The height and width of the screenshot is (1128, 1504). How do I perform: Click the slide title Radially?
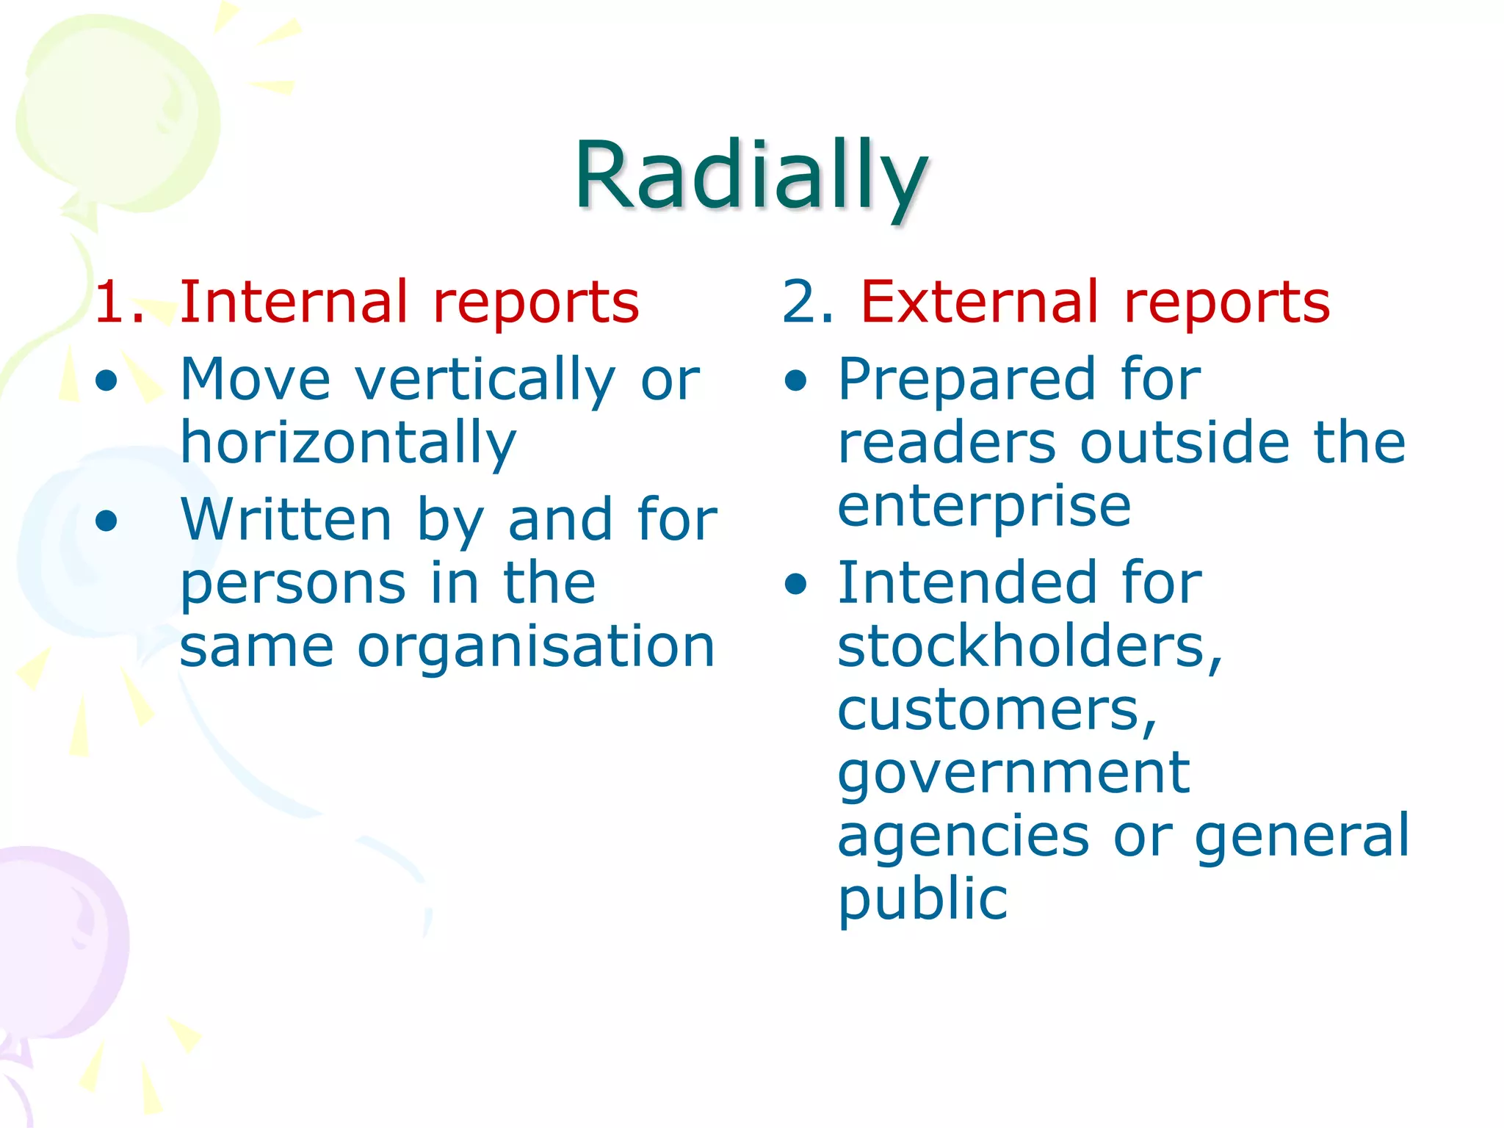point(751,176)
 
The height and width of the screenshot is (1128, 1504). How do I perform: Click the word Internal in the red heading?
point(293,302)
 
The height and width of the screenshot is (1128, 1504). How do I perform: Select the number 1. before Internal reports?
point(118,302)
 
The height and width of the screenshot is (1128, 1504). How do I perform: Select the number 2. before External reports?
point(806,302)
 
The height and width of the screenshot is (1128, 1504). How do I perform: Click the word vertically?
point(485,380)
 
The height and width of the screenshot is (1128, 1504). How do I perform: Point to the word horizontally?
point(348,443)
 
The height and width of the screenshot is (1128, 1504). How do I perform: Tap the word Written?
point(286,519)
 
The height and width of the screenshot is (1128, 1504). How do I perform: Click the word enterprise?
point(984,506)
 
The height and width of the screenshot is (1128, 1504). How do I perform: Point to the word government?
point(1013,773)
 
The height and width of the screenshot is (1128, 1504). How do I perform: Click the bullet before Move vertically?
point(107,380)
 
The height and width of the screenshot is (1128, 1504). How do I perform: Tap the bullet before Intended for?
point(795,585)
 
